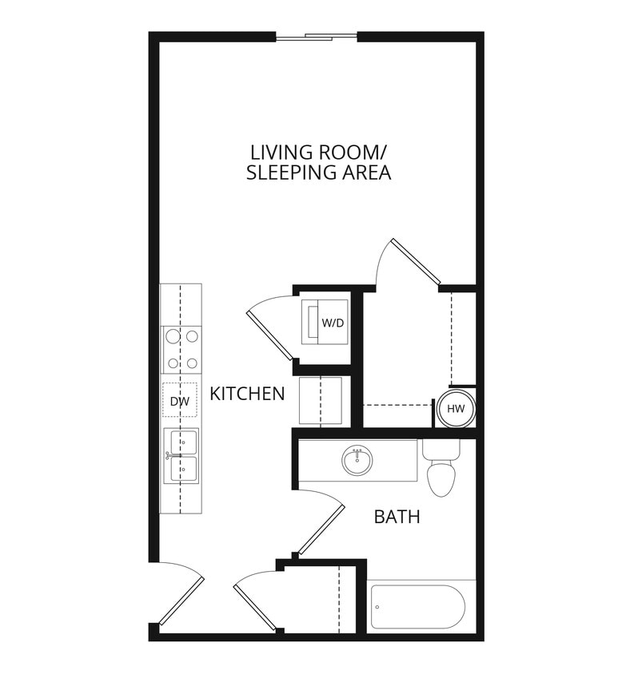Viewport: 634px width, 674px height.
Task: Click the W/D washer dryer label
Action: [332, 323]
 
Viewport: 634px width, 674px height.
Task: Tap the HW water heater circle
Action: [456, 409]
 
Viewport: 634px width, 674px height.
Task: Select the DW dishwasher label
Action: [180, 402]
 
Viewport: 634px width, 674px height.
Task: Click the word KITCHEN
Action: [247, 393]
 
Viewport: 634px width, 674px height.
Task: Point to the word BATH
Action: [397, 517]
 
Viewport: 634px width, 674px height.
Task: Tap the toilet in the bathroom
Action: [441, 474]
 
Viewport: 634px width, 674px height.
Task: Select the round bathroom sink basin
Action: [357, 460]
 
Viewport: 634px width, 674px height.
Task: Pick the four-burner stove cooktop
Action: [181, 350]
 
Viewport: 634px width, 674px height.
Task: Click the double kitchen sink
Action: [181, 456]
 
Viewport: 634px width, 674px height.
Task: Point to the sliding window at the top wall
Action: [317, 36]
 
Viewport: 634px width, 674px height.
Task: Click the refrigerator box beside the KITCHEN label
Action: [321, 401]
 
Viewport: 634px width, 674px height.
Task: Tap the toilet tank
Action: [441, 450]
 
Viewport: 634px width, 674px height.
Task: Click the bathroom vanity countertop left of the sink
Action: [320, 461]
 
